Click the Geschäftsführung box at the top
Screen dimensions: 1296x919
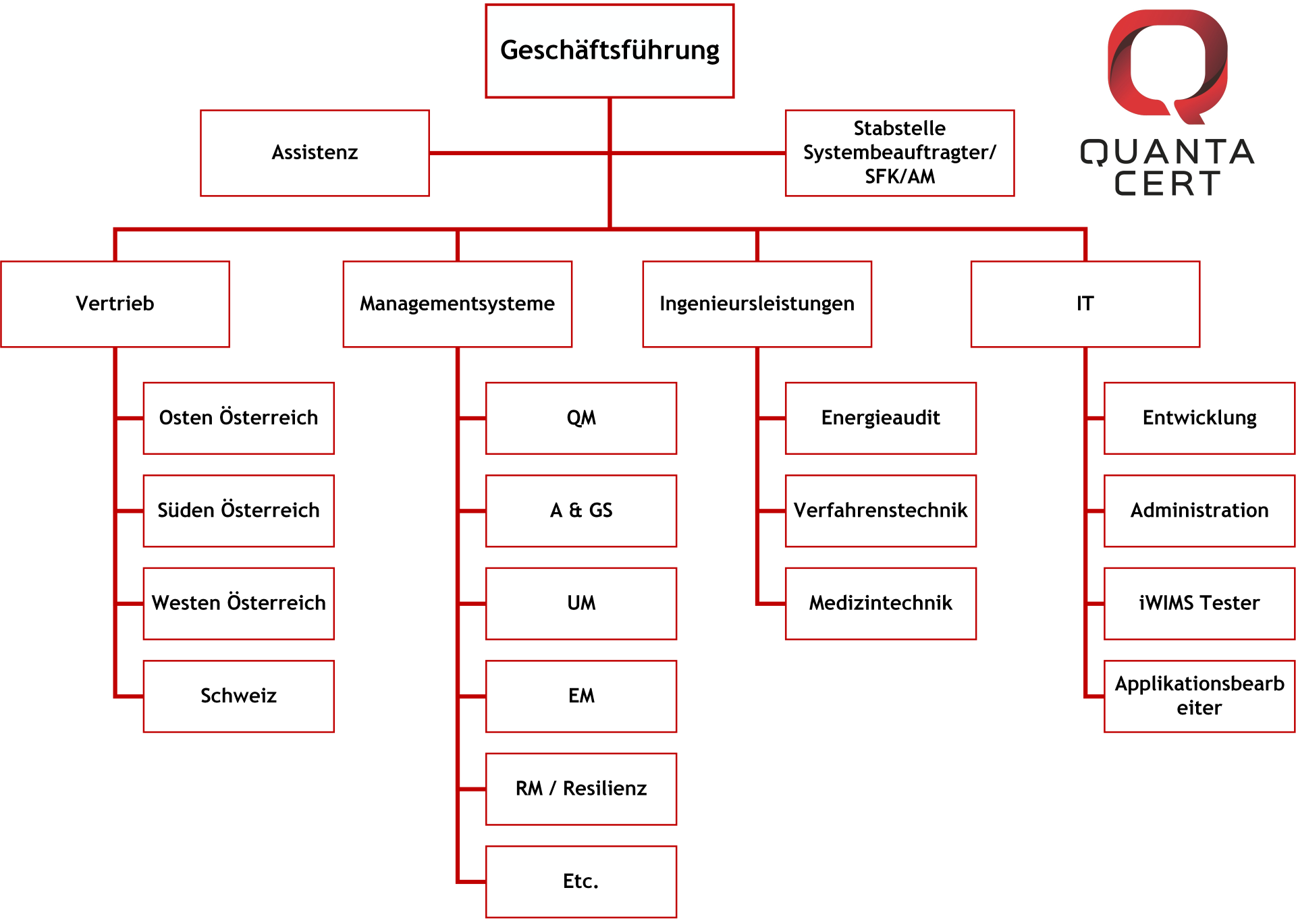[x=610, y=51]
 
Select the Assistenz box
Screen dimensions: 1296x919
[x=315, y=153]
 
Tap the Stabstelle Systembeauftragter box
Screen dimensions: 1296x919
[x=900, y=153]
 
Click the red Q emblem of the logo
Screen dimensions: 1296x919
[x=1168, y=66]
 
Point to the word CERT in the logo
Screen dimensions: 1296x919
[x=1167, y=184]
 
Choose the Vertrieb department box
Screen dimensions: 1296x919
[x=115, y=304]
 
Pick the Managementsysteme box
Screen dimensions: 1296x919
[x=457, y=304]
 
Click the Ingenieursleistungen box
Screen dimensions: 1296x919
[x=757, y=304]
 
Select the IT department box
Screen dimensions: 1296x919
[x=1085, y=304]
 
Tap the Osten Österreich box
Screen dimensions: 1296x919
[x=238, y=418]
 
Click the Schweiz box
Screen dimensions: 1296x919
[x=238, y=696]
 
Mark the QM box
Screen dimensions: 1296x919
[x=581, y=418]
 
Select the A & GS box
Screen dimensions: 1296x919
[x=581, y=511]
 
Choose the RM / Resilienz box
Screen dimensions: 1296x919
[x=581, y=789]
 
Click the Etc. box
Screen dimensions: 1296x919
[x=581, y=881]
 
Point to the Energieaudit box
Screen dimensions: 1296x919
[x=881, y=418]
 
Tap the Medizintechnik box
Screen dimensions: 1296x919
[x=881, y=603]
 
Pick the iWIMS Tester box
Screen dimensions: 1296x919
[x=1199, y=603]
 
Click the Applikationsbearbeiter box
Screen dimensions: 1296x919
[x=1199, y=696]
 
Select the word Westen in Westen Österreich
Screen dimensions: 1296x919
[x=186, y=603]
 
